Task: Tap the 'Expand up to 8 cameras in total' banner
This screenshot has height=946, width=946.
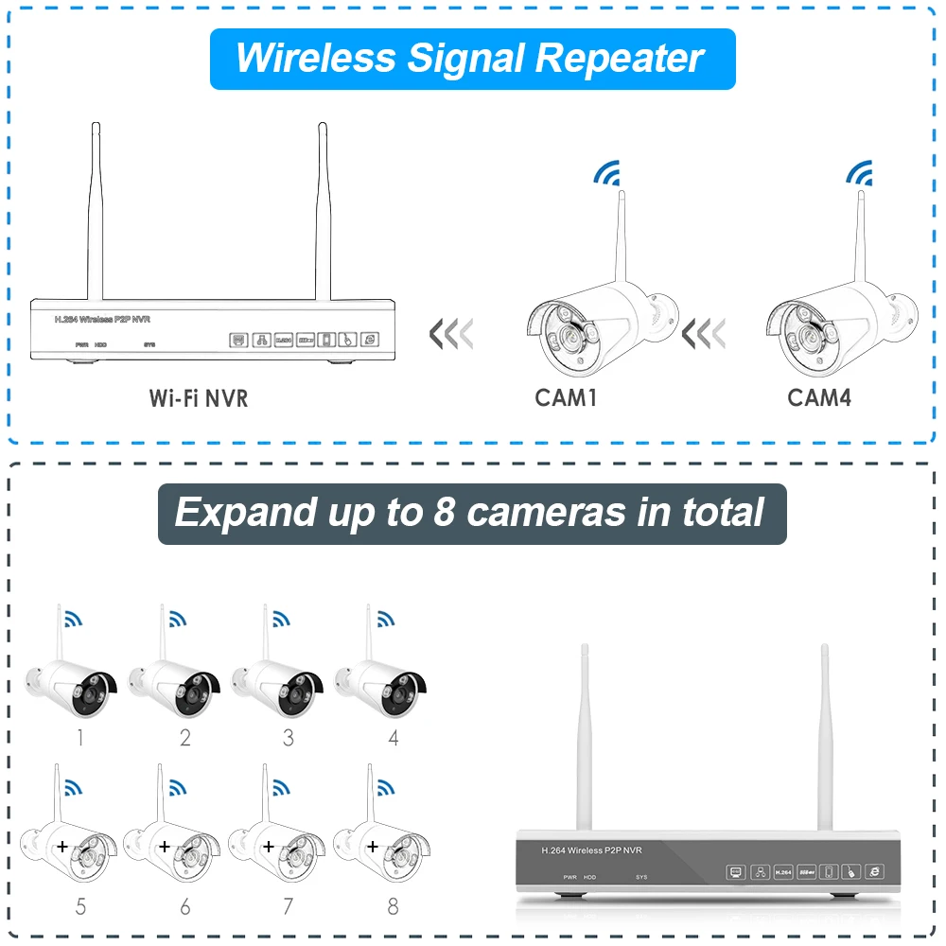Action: [471, 514]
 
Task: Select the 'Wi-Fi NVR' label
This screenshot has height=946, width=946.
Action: [199, 397]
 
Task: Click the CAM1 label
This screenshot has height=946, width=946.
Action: [566, 397]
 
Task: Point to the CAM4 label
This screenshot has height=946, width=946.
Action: [819, 397]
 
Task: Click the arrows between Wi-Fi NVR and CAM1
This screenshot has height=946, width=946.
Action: [450, 333]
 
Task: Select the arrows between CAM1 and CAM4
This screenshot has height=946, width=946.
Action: [705, 333]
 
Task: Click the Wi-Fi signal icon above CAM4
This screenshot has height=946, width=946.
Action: [859, 173]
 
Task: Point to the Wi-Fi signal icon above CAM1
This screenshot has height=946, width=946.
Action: [605, 173]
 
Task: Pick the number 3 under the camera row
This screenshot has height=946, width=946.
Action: [289, 738]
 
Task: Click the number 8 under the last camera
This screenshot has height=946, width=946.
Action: [393, 906]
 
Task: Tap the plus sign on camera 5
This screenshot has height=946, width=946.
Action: [63, 846]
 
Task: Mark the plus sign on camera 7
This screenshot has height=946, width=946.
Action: [269, 846]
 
